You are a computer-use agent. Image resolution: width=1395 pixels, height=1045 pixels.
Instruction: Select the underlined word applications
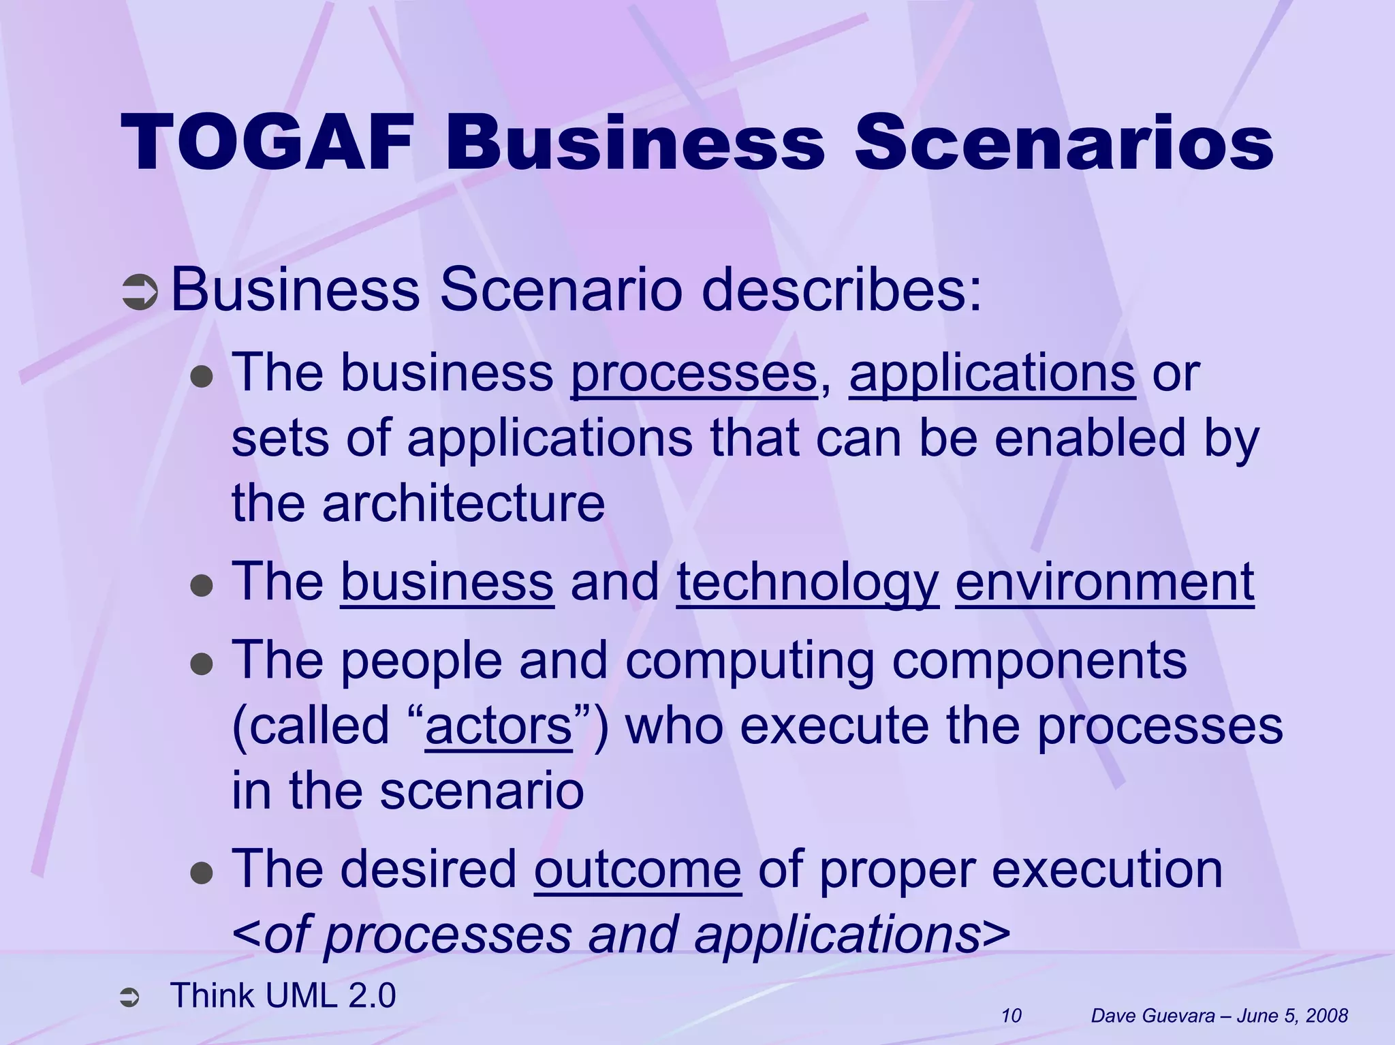click(x=992, y=374)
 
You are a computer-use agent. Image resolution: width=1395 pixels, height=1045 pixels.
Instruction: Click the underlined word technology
click(x=807, y=582)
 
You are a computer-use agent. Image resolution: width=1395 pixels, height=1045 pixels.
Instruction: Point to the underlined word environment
click(x=1104, y=582)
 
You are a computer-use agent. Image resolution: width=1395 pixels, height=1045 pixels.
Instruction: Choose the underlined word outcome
click(x=637, y=870)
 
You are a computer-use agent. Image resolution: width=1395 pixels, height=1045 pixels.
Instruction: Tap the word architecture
click(x=463, y=503)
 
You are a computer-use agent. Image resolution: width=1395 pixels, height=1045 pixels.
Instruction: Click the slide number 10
click(x=1011, y=1016)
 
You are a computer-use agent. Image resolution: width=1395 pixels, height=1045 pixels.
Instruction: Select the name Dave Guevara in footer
click(x=1153, y=1016)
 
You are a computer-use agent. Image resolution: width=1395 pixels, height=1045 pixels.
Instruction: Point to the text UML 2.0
click(x=330, y=995)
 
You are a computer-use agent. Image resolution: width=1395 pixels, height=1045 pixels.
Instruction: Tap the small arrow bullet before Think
click(x=129, y=999)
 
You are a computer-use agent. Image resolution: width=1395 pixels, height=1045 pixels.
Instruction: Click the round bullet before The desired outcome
click(x=202, y=872)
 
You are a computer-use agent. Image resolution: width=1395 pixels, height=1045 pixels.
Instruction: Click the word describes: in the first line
click(x=842, y=292)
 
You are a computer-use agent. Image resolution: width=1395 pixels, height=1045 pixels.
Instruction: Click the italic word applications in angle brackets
click(x=836, y=935)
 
